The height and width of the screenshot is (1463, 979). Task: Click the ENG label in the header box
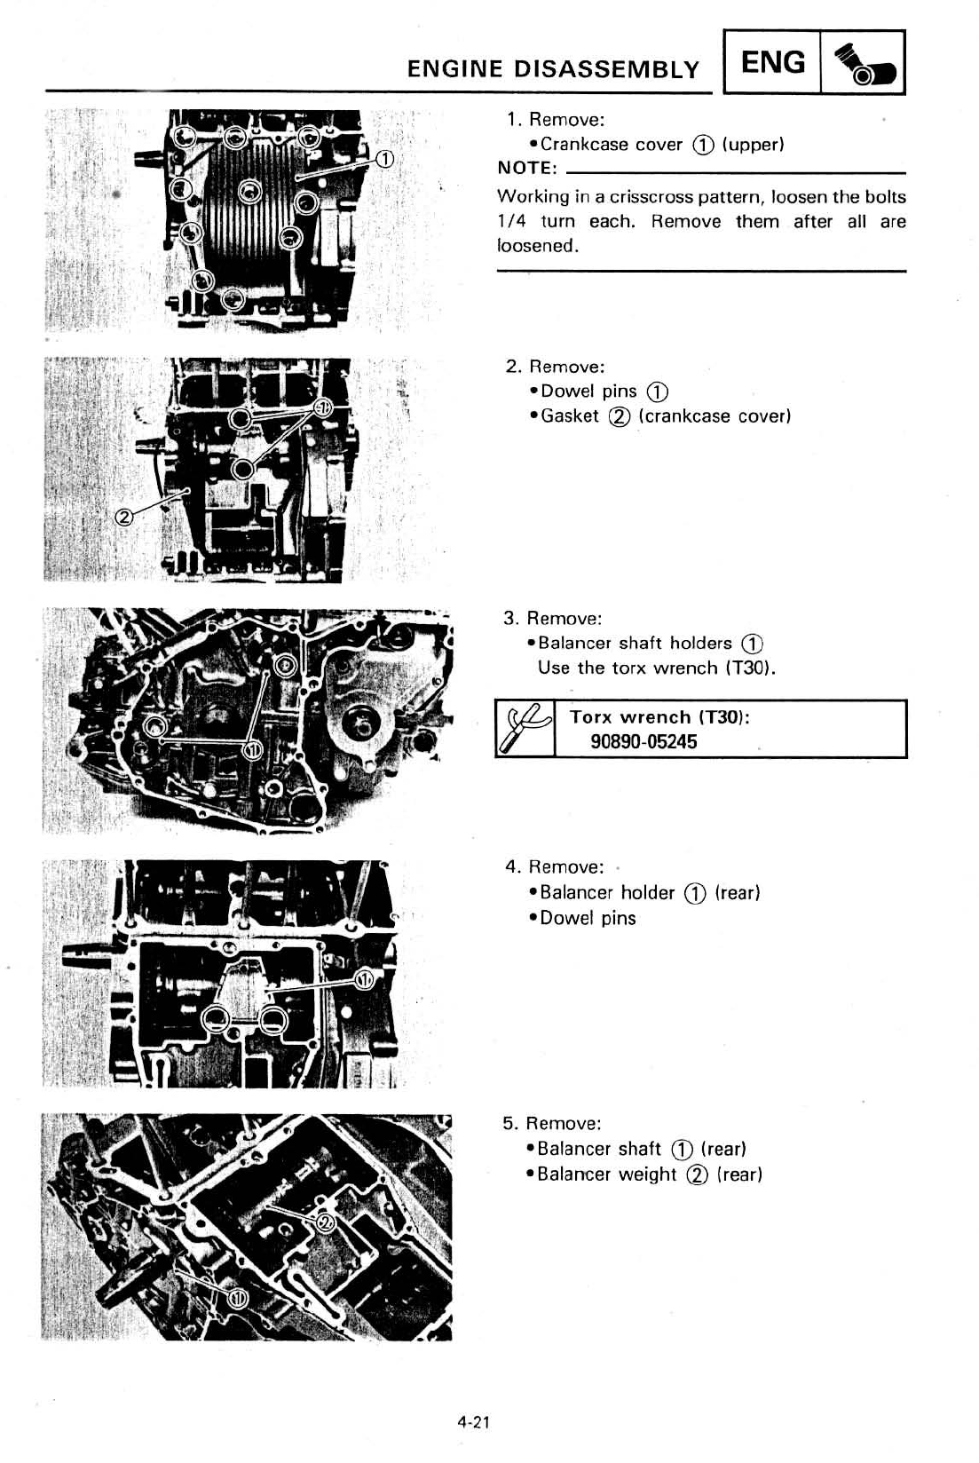(x=772, y=62)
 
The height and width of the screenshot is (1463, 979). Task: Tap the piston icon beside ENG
(x=862, y=64)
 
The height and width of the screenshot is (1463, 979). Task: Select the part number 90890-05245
(x=643, y=742)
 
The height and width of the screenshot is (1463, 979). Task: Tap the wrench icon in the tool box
(x=525, y=728)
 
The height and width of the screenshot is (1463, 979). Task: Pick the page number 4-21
(x=475, y=1423)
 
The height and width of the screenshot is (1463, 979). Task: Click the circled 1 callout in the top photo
(x=385, y=160)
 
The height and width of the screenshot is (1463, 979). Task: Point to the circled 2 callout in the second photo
(x=125, y=518)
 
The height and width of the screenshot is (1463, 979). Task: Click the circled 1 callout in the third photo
(x=253, y=751)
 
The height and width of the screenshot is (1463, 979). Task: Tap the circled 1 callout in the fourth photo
(x=364, y=979)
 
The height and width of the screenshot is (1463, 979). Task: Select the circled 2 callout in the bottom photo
(x=326, y=1224)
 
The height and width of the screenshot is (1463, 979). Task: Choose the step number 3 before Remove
(x=509, y=618)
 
